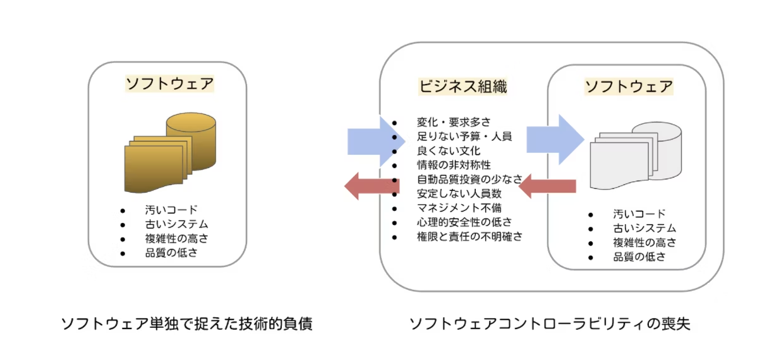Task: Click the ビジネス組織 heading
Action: click(463, 87)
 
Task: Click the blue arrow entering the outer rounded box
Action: click(376, 141)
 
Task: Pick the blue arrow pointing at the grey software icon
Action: click(555, 140)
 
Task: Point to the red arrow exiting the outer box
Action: click(372, 186)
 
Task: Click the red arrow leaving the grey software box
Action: click(547, 186)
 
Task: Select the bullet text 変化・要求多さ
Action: click(454, 122)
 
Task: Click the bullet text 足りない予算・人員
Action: click(464, 136)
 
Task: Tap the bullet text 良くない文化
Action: click(449, 150)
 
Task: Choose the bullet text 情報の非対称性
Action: click(454, 165)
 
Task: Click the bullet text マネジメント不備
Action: click(459, 208)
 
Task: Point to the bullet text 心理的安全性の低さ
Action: click(464, 222)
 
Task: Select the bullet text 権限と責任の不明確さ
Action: click(470, 236)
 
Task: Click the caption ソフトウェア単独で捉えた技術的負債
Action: click(187, 323)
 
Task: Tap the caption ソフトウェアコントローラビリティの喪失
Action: click(550, 323)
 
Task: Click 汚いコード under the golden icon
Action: click(171, 210)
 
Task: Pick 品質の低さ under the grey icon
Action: click(639, 256)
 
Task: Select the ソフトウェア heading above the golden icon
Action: click(170, 83)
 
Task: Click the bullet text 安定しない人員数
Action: click(459, 193)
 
